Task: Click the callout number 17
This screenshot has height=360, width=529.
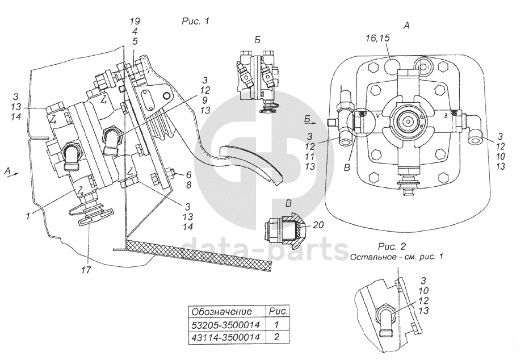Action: coord(86,270)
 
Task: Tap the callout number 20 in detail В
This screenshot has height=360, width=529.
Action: coord(318,224)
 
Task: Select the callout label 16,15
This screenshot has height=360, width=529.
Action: coord(377,38)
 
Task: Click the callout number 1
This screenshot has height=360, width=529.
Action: coord(28,215)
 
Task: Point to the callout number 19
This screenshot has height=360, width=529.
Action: coord(135,21)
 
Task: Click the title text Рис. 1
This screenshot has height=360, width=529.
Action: coord(195,21)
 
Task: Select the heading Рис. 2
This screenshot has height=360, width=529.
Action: coord(392,246)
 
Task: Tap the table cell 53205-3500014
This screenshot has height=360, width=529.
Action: coord(226,325)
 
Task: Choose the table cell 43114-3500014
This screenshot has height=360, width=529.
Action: coord(226,337)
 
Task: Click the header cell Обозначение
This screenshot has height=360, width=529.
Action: coord(221,311)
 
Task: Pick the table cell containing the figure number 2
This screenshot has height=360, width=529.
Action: coord(276,337)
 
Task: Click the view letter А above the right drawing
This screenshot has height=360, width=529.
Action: coord(406,26)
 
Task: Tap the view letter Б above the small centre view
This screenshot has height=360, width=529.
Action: coord(258,40)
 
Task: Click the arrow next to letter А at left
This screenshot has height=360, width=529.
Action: coord(15,174)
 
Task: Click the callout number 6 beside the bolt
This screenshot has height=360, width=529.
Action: coord(188,175)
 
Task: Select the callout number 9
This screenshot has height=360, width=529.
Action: coord(205,100)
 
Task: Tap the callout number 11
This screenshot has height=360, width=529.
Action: coord(310,157)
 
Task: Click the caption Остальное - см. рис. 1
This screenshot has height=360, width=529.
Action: coord(396,257)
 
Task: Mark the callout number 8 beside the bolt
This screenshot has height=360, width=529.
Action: coord(188,185)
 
